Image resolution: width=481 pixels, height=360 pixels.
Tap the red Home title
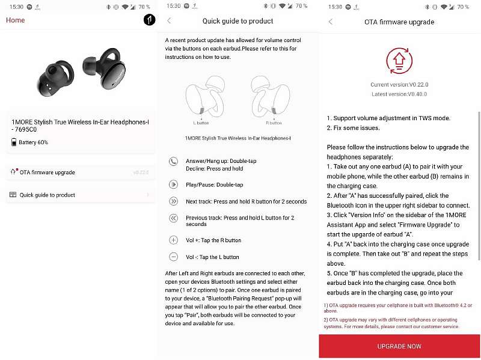[x=16, y=20]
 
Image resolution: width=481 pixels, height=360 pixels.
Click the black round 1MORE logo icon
[x=149, y=20]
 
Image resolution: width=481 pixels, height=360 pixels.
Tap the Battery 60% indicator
[x=30, y=142]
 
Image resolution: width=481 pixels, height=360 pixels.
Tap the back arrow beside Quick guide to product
[x=169, y=21]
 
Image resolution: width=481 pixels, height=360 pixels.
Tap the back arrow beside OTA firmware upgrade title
[x=330, y=22]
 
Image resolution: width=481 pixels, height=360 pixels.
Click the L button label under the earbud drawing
[x=201, y=123]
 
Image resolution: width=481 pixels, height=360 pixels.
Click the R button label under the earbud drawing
[x=274, y=123]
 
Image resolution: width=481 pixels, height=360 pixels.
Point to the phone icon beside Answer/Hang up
[x=174, y=161]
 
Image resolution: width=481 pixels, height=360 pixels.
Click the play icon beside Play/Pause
[x=174, y=185]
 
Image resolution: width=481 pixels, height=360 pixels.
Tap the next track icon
[x=174, y=201]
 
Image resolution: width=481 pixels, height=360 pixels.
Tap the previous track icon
[x=174, y=219]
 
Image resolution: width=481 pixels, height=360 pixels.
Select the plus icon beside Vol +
[x=174, y=240]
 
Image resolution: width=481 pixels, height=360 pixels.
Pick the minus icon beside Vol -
[x=174, y=257]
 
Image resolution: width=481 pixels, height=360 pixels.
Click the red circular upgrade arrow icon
[x=399, y=61]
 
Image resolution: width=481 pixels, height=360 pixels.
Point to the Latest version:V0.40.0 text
[x=399, y=94]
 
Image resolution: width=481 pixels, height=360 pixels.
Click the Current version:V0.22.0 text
[x=399, y=85]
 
